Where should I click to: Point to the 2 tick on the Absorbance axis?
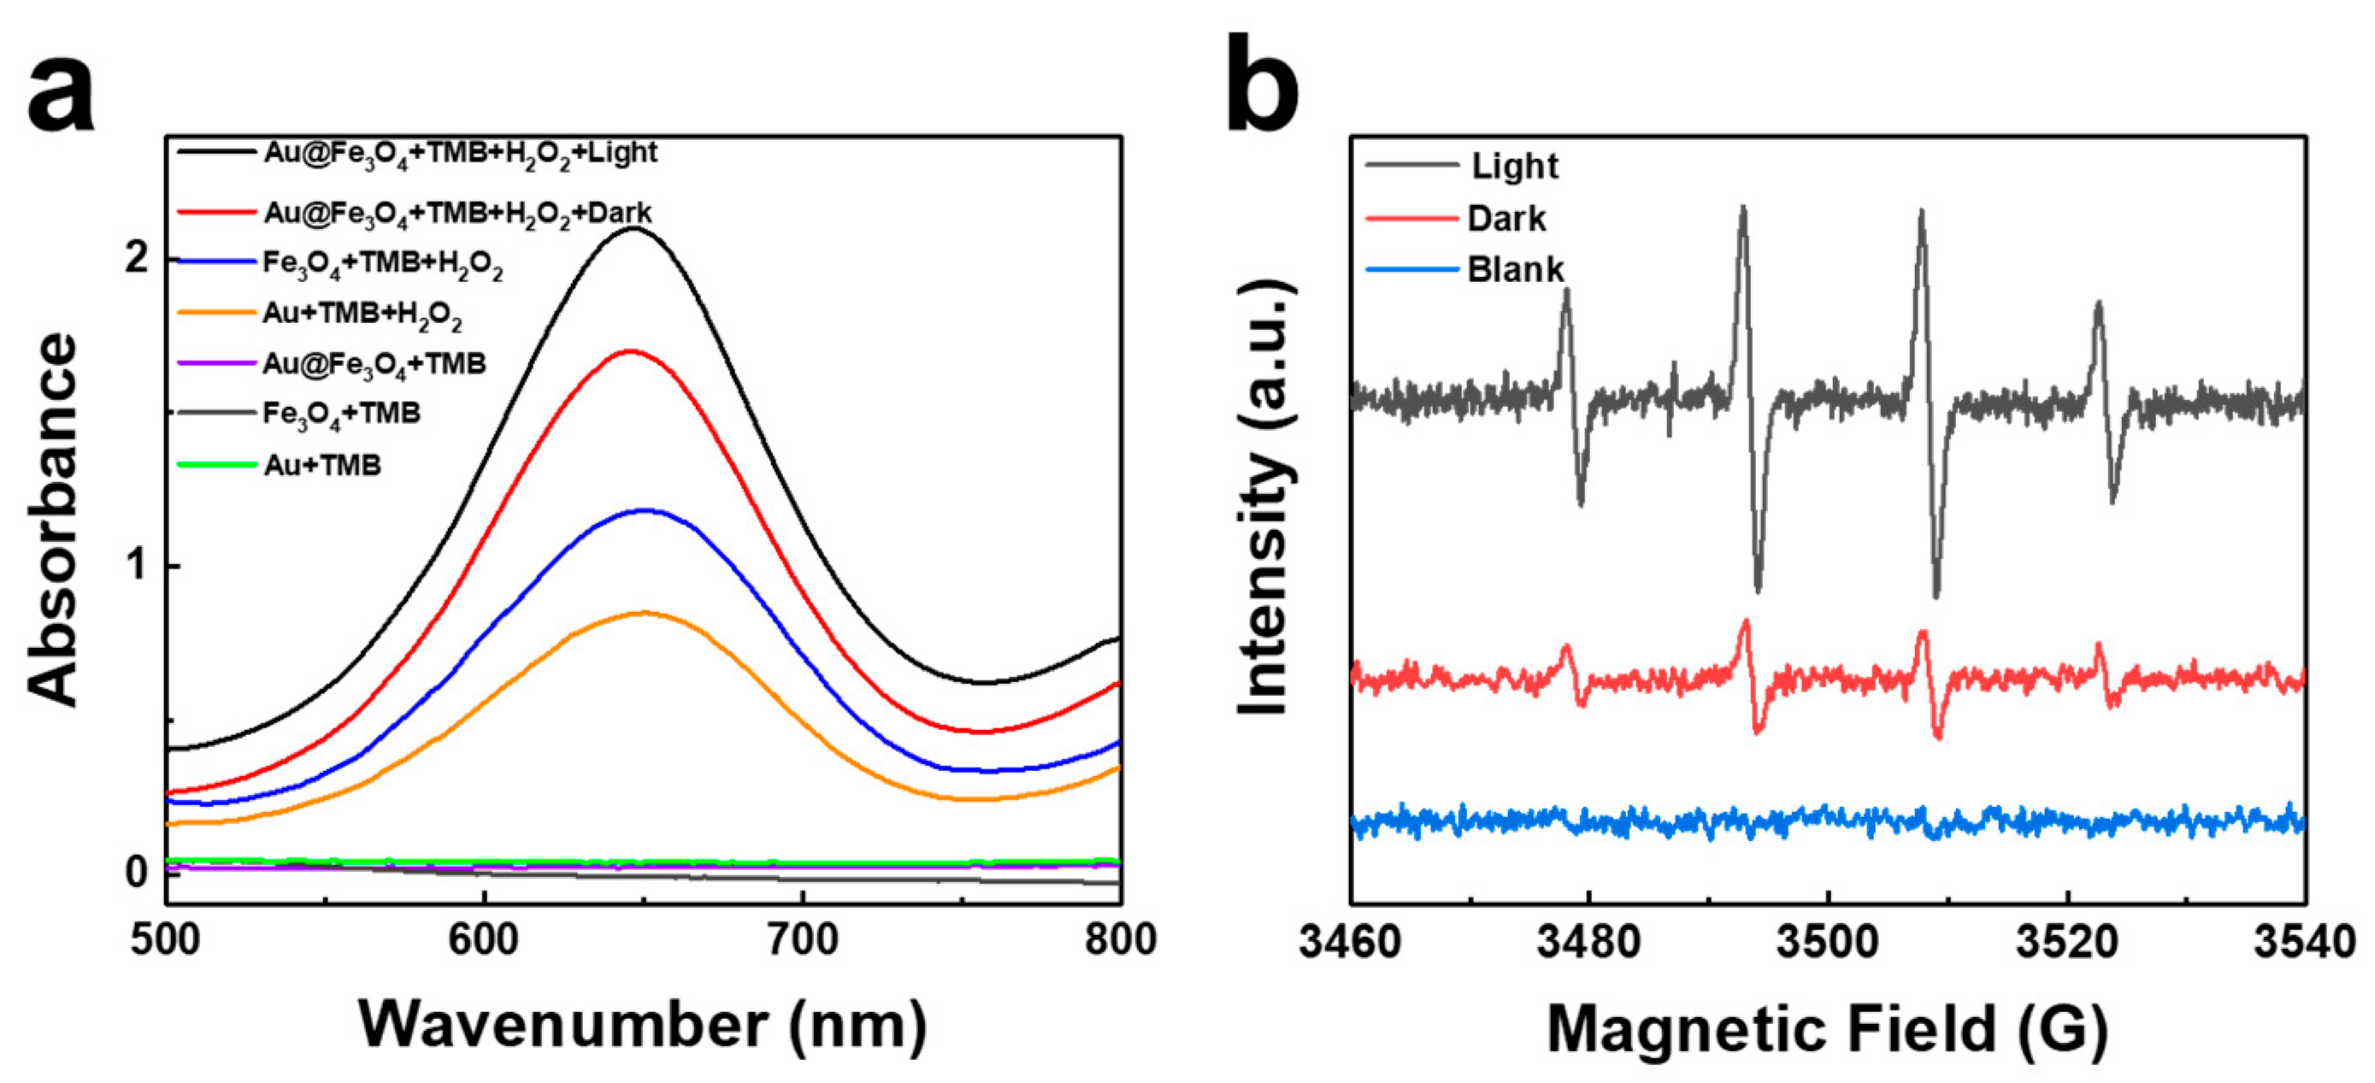[x=137, y=258]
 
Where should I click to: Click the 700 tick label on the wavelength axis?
[x=802, y=940]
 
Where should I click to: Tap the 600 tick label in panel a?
[x=484, y=940]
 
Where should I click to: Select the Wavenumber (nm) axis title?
[x=643, y=1025]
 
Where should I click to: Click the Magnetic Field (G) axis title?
[x=1827, y=1028]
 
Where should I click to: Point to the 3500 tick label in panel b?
[x=1827, y=942]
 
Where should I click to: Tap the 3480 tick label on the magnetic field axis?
[x=1588, y=942]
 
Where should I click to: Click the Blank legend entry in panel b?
[x=1515, y=270]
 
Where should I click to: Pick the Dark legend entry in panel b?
[x=1506, y=220]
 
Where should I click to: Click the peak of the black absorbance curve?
[x=634, y=227]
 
